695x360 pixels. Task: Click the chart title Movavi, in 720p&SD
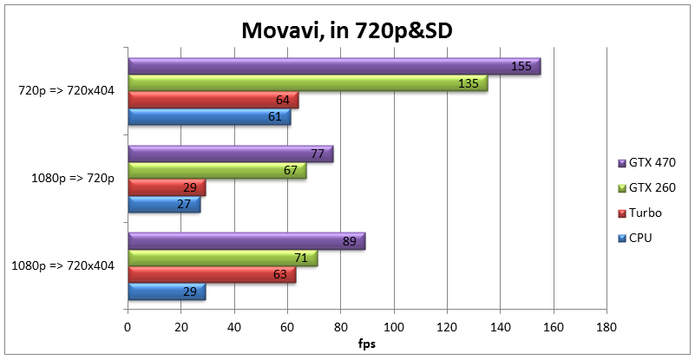pyautogui.click(x=347, y=31)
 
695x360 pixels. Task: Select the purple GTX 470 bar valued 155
pyautogui.click(x=334, y=67)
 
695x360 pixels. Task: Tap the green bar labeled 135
pyautogui.click(x=307, y=83)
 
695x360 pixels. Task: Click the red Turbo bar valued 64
pyautogui.click(x=213, y=101)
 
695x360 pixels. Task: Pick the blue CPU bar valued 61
pyautogui.click(x=209, y=117)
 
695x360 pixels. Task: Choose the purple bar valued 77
pyautogui.click(x=230, y=154)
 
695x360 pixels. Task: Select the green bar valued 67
pyautogui.click(x=217, y=171)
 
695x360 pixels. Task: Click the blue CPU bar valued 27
pyautogui.click(x=164, y=205)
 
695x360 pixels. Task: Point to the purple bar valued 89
pyautogui.click(x=246, y=241)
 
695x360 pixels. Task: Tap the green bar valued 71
pyautogui.click(x=222, y=258)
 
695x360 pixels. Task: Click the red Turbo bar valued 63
pyautogui.click(x=212, y=275)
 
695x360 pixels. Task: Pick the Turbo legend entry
pyautogui.click(x=641, y=213)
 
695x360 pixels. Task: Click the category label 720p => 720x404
pyautogui.click(x=67, y=92)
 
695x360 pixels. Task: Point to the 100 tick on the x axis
pyautogui.click(x=394, y=327)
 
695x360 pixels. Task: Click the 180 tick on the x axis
pyautogui.click(x=606, y=327)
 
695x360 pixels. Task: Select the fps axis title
pyautogui.click(x=368, y=344)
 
